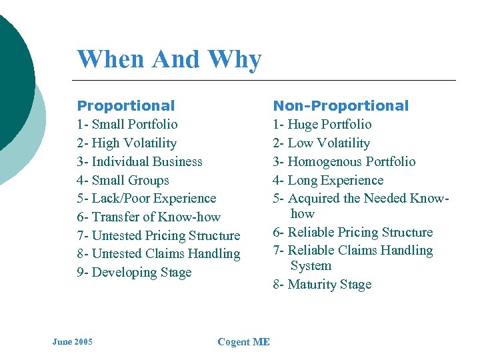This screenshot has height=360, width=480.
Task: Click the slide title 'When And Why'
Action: coord(169,59)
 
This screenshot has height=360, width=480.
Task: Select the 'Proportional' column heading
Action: coord(126,105)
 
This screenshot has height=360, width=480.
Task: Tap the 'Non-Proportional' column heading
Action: coord(341,105)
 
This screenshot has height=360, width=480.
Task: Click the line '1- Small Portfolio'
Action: coord(127,124)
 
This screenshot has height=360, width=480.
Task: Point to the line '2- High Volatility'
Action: coord(127,143)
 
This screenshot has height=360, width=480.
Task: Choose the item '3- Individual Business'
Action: coord(139,161)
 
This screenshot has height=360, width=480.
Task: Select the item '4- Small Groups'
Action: coord(123,180)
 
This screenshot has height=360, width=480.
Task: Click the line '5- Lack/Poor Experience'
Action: coord(147,198)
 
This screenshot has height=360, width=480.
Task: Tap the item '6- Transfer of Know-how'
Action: coord(149,217)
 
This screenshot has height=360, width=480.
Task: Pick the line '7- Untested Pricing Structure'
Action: coord(159,235)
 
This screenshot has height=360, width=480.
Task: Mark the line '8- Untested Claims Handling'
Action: coord(159,253)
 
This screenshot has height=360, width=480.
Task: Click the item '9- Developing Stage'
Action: coord(134,272)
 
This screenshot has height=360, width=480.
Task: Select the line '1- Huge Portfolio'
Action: coord(322,124)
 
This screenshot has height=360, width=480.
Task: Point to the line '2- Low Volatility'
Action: coord(321,143)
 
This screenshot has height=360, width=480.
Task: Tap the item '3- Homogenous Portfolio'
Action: coord(344,161)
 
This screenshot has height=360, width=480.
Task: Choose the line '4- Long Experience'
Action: coord(328,180)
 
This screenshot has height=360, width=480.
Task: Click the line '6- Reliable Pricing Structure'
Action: coord(353,232)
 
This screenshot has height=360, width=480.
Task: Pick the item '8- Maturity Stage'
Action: coord(322,284)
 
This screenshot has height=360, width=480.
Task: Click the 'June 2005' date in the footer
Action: coord(73,342)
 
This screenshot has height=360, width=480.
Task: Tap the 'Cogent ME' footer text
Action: coord(243,342)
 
